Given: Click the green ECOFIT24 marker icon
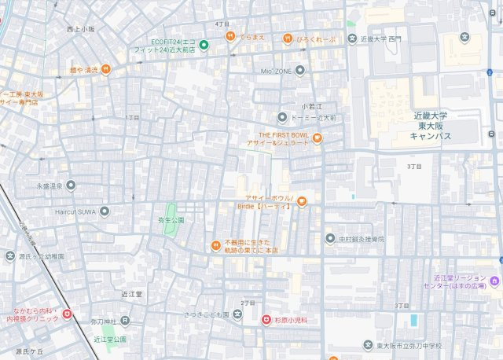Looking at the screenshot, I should pos(204,44).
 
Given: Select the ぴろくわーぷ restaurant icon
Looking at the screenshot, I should pos(288,37).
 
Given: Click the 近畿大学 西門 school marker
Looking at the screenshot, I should pos(353,38).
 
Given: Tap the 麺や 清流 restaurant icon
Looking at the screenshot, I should pos(106,69).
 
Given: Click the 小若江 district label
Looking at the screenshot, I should pos(311,105).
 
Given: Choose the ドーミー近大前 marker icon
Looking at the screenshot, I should pos(282,117).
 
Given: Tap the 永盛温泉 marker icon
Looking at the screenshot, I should pos(71,186).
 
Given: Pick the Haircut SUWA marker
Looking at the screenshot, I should pos(105,211).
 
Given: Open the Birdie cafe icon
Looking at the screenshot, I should pos(301,201).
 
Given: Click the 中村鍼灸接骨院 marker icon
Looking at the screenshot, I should pos(330,238).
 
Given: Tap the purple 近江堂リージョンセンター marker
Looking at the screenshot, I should pos(494,281).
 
